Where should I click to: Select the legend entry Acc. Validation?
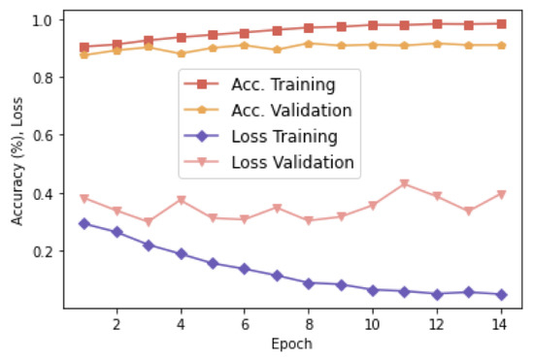pos(291,111)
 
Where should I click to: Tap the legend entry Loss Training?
pos(284,136)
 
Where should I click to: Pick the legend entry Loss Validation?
pos(292,162)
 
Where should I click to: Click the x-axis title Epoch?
pos(292,344)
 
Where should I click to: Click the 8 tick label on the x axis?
pos(309,323)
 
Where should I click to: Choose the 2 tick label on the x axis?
pos(117,323)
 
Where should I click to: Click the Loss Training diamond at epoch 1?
pos(84,223)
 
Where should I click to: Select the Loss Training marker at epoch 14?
pos(501,294)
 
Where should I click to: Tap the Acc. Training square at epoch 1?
pos(84,47)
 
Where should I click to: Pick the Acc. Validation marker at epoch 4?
pos(181,53)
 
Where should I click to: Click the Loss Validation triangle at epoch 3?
pos(149,222)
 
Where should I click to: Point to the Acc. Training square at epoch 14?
pos(501,23)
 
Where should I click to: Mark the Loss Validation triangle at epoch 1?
pos(84,198)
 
